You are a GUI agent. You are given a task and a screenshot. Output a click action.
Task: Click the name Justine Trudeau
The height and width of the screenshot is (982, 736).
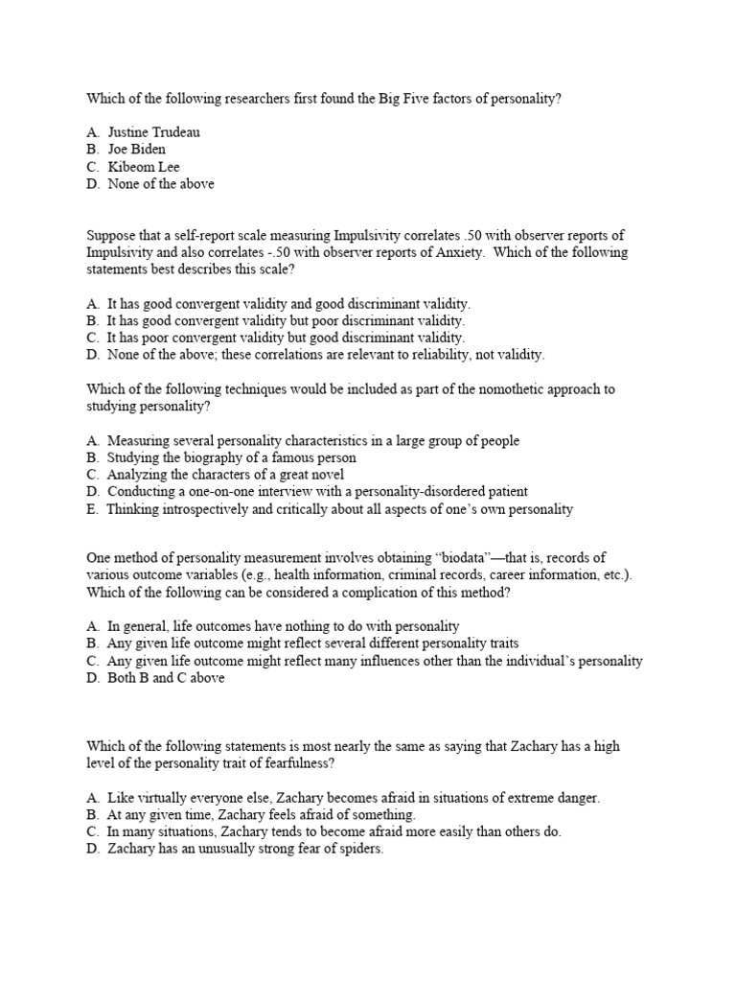(x=153, y=131)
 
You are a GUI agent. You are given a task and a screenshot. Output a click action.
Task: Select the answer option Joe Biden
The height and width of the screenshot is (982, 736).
(x=136, y=149)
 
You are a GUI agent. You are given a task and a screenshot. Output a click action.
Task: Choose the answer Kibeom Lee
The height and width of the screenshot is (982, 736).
(x=143, y=166)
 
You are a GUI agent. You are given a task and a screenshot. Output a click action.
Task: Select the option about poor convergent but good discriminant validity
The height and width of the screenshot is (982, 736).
(x=286, y=338)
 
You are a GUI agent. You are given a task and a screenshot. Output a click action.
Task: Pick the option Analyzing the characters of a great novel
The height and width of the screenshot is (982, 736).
(x=225, y=475)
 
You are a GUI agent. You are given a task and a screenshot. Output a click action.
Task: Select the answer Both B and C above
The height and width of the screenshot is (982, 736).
(x=165, y=678)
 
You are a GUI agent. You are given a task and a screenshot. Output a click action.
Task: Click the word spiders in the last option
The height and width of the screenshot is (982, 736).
(x=359, y=850)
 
